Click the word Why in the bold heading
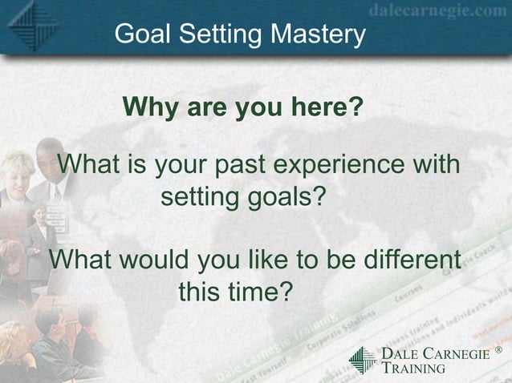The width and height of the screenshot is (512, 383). pos(148,106)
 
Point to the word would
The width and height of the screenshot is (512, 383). pos(160,260)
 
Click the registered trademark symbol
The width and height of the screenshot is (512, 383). pos(498,350)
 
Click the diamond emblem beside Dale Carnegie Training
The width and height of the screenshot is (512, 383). pos(362,360)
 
